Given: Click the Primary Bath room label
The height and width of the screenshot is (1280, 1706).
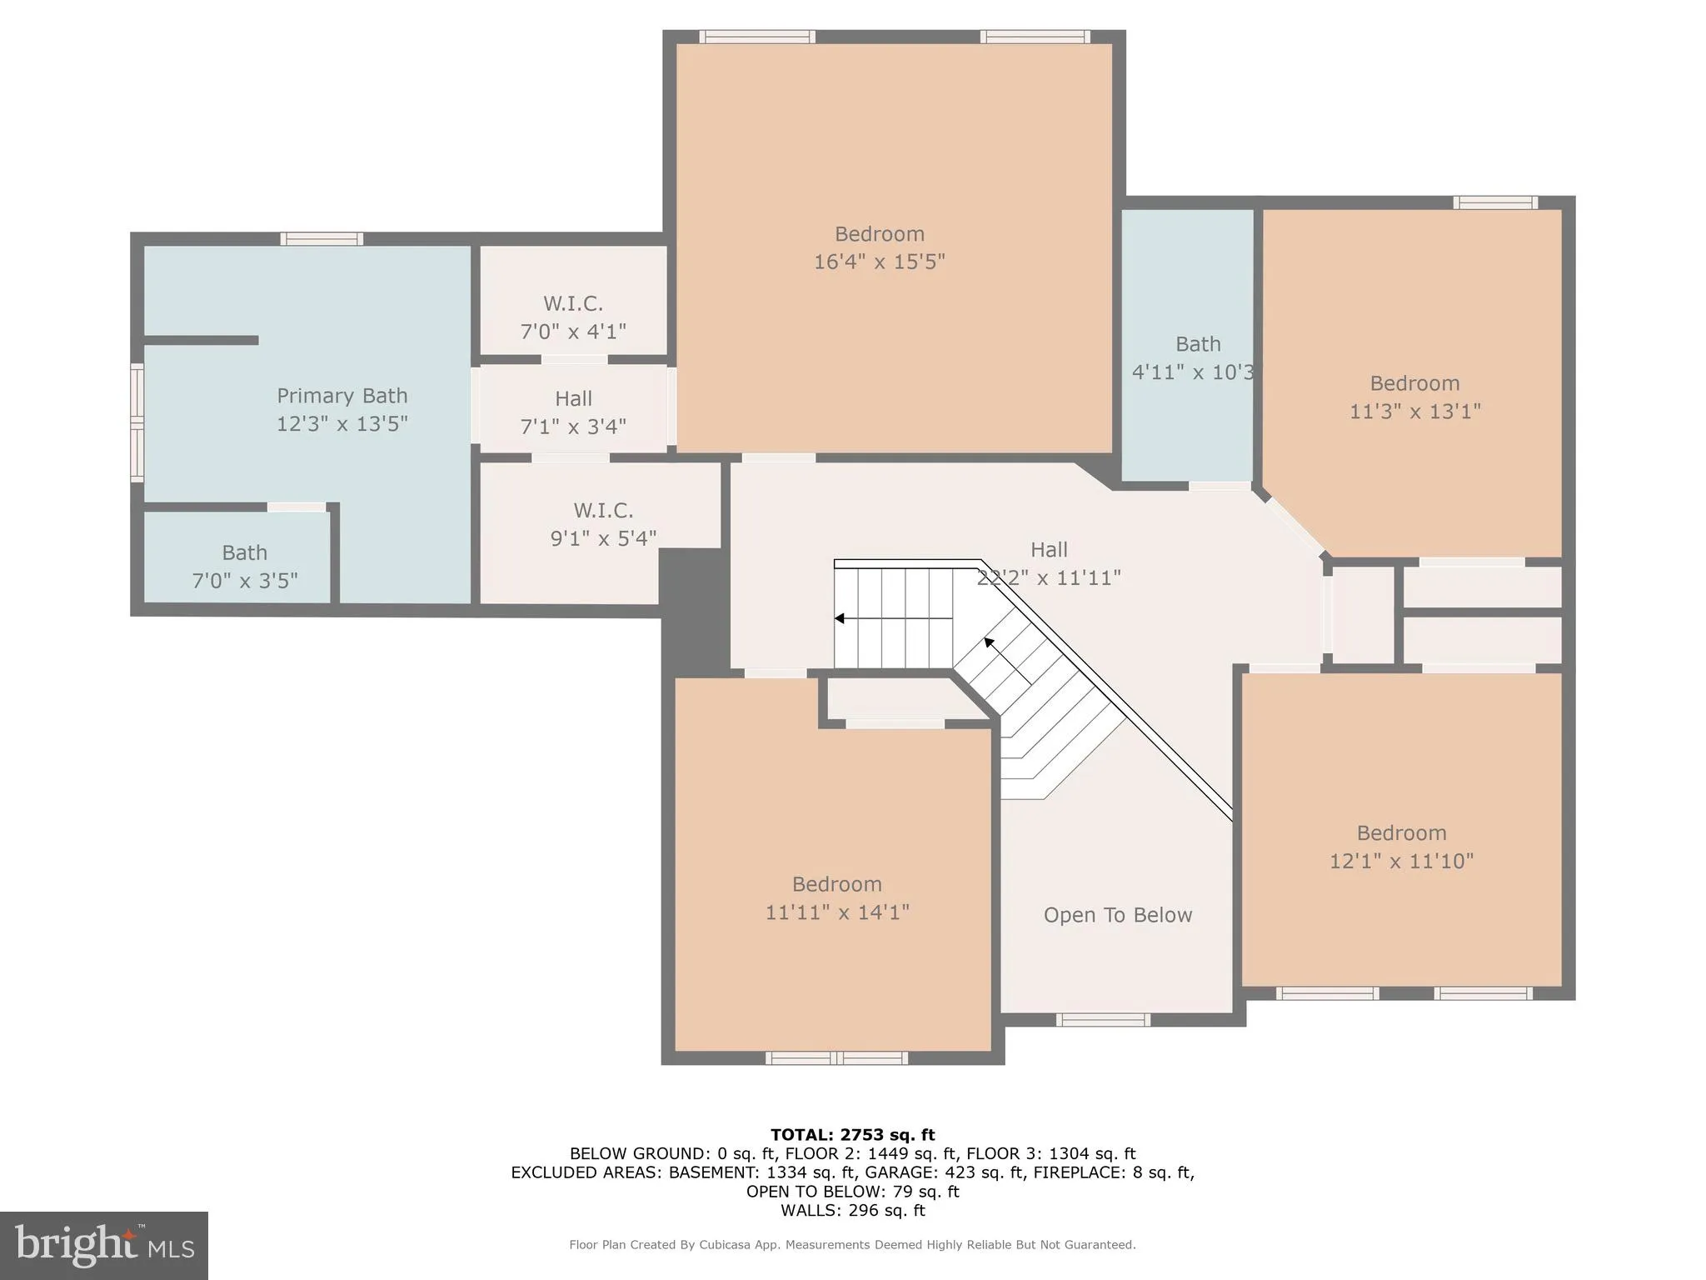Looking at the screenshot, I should pos(342,396).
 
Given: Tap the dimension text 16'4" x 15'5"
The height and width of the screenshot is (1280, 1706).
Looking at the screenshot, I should pos(879,262).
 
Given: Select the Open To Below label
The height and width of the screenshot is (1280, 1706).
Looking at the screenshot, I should pos(1117,915).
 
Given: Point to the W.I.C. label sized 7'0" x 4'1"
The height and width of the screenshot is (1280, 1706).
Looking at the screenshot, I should pos(573,303).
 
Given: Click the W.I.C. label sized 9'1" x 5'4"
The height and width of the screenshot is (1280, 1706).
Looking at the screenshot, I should pos(603,510).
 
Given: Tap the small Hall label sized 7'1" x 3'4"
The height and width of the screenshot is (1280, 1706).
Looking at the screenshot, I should pos(573,399).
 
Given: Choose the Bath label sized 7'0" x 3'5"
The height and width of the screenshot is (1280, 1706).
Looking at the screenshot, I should pos(244,552).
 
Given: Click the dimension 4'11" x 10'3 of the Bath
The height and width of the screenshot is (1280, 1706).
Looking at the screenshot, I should pos(1193,372).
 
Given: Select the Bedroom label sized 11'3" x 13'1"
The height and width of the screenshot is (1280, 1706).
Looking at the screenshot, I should pos(1414,383).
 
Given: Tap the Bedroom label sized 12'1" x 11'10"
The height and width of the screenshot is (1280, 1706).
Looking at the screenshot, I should pos(1401,832).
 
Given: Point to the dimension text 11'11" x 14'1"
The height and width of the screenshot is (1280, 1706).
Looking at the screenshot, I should pos(837,912).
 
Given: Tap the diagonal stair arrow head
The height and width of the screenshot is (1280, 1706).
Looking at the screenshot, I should pos(990,642).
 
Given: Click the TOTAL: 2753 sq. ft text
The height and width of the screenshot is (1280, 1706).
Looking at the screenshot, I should pos(852,1134).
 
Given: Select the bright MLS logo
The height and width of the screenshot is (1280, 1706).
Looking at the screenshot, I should pos(103,1246).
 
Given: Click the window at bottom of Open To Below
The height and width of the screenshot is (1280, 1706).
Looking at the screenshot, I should pos(1103,1019).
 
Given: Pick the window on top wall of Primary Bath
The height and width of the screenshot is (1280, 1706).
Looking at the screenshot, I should pos(322,239).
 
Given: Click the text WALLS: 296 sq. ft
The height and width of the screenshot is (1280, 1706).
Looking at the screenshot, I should pos(852,1210).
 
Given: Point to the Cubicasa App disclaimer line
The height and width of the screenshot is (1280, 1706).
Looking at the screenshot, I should pos(852,1244).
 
